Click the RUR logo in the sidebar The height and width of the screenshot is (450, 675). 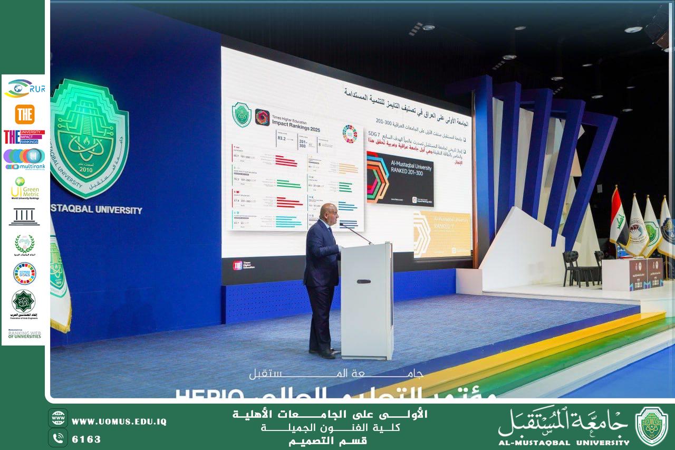tap(25, 88)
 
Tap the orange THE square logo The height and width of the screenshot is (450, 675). tap(25, 114)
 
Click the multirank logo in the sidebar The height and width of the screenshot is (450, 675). tap(24, 159)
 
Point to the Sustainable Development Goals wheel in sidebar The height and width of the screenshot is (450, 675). tap(24, 273)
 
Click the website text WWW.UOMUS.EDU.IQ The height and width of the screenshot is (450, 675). tap(119, 422)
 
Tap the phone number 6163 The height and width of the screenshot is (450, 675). tap(86, 439)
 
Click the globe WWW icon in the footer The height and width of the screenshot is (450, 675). tap(57, 418)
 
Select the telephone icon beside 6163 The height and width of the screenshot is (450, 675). tap(57, 438)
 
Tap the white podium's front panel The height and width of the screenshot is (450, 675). tap(366, 301)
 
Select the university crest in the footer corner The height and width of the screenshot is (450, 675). tap(651, 426)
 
